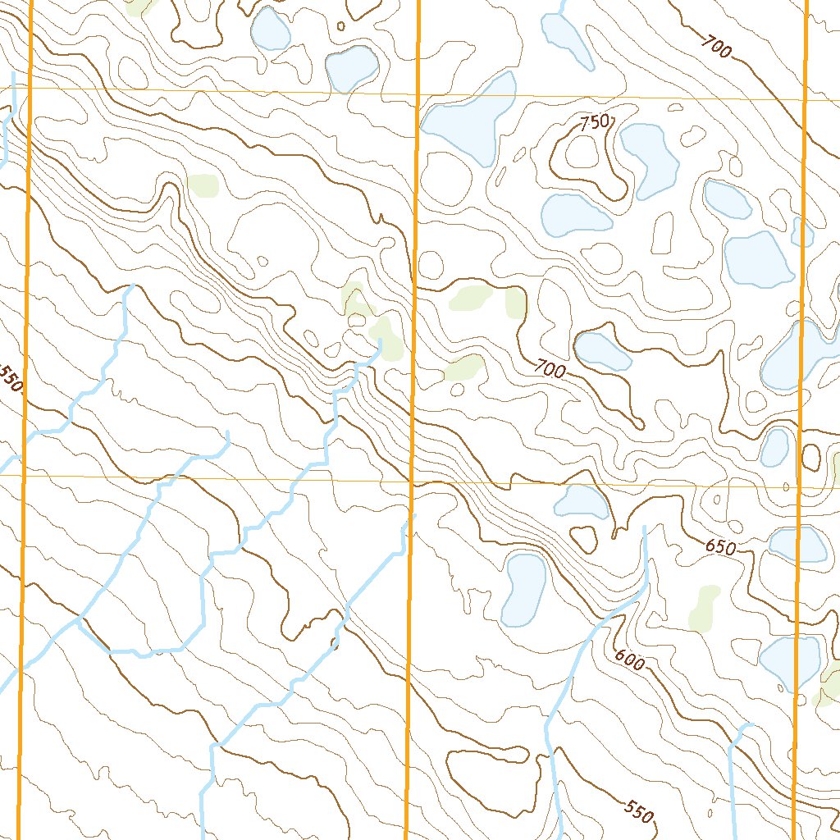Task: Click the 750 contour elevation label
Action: click(x=595, y=123)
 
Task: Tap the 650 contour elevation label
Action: click(x=719, y=547)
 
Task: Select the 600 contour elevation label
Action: click(x=628, y=659)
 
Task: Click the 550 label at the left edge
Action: click(x=11, y=380)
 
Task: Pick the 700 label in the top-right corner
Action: click(x=715, y=48)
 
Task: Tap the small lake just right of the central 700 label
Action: click(x=603, y=350)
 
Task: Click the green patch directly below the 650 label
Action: click(x=704, y=607)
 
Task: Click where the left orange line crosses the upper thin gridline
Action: click(x=30, y=88)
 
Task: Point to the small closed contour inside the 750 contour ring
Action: click(x=583, y=151)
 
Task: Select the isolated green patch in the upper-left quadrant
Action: click(x=203, y=185)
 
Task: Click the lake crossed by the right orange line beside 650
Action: click(x=797, y=545)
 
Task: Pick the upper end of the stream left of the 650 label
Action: click(x=645, y=527)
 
